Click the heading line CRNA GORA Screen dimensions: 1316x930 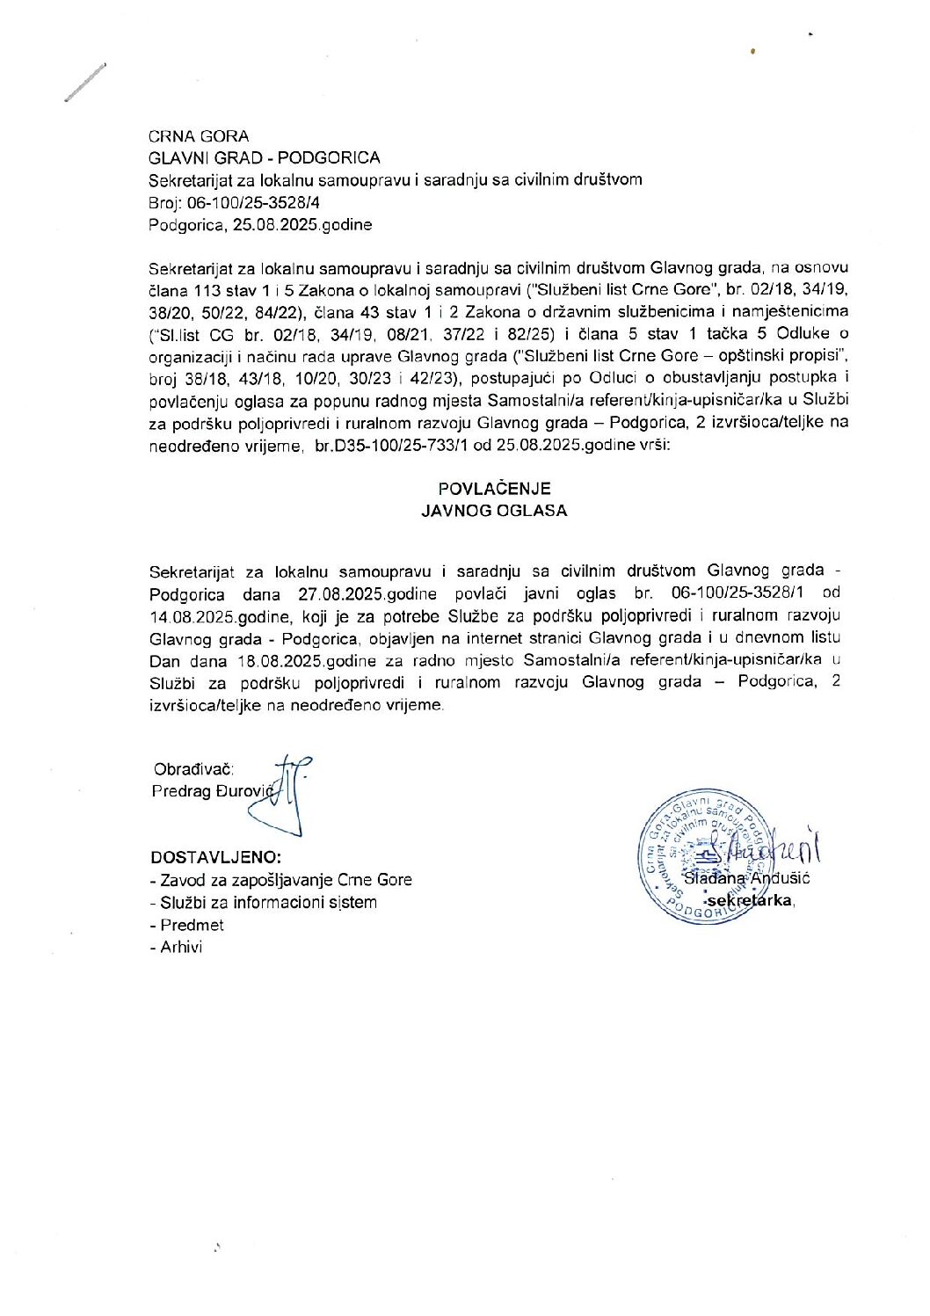pyautogui.click(x=199, y=136)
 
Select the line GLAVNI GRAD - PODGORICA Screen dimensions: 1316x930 pyautogui.click(x=265, y=158)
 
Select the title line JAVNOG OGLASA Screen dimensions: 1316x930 pyautogui.click(x=494, y=511)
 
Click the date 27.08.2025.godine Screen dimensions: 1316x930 pyautogui.click(x=360, y=593)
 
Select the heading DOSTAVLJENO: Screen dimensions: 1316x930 pyautogui.click(x=216, y=857)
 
